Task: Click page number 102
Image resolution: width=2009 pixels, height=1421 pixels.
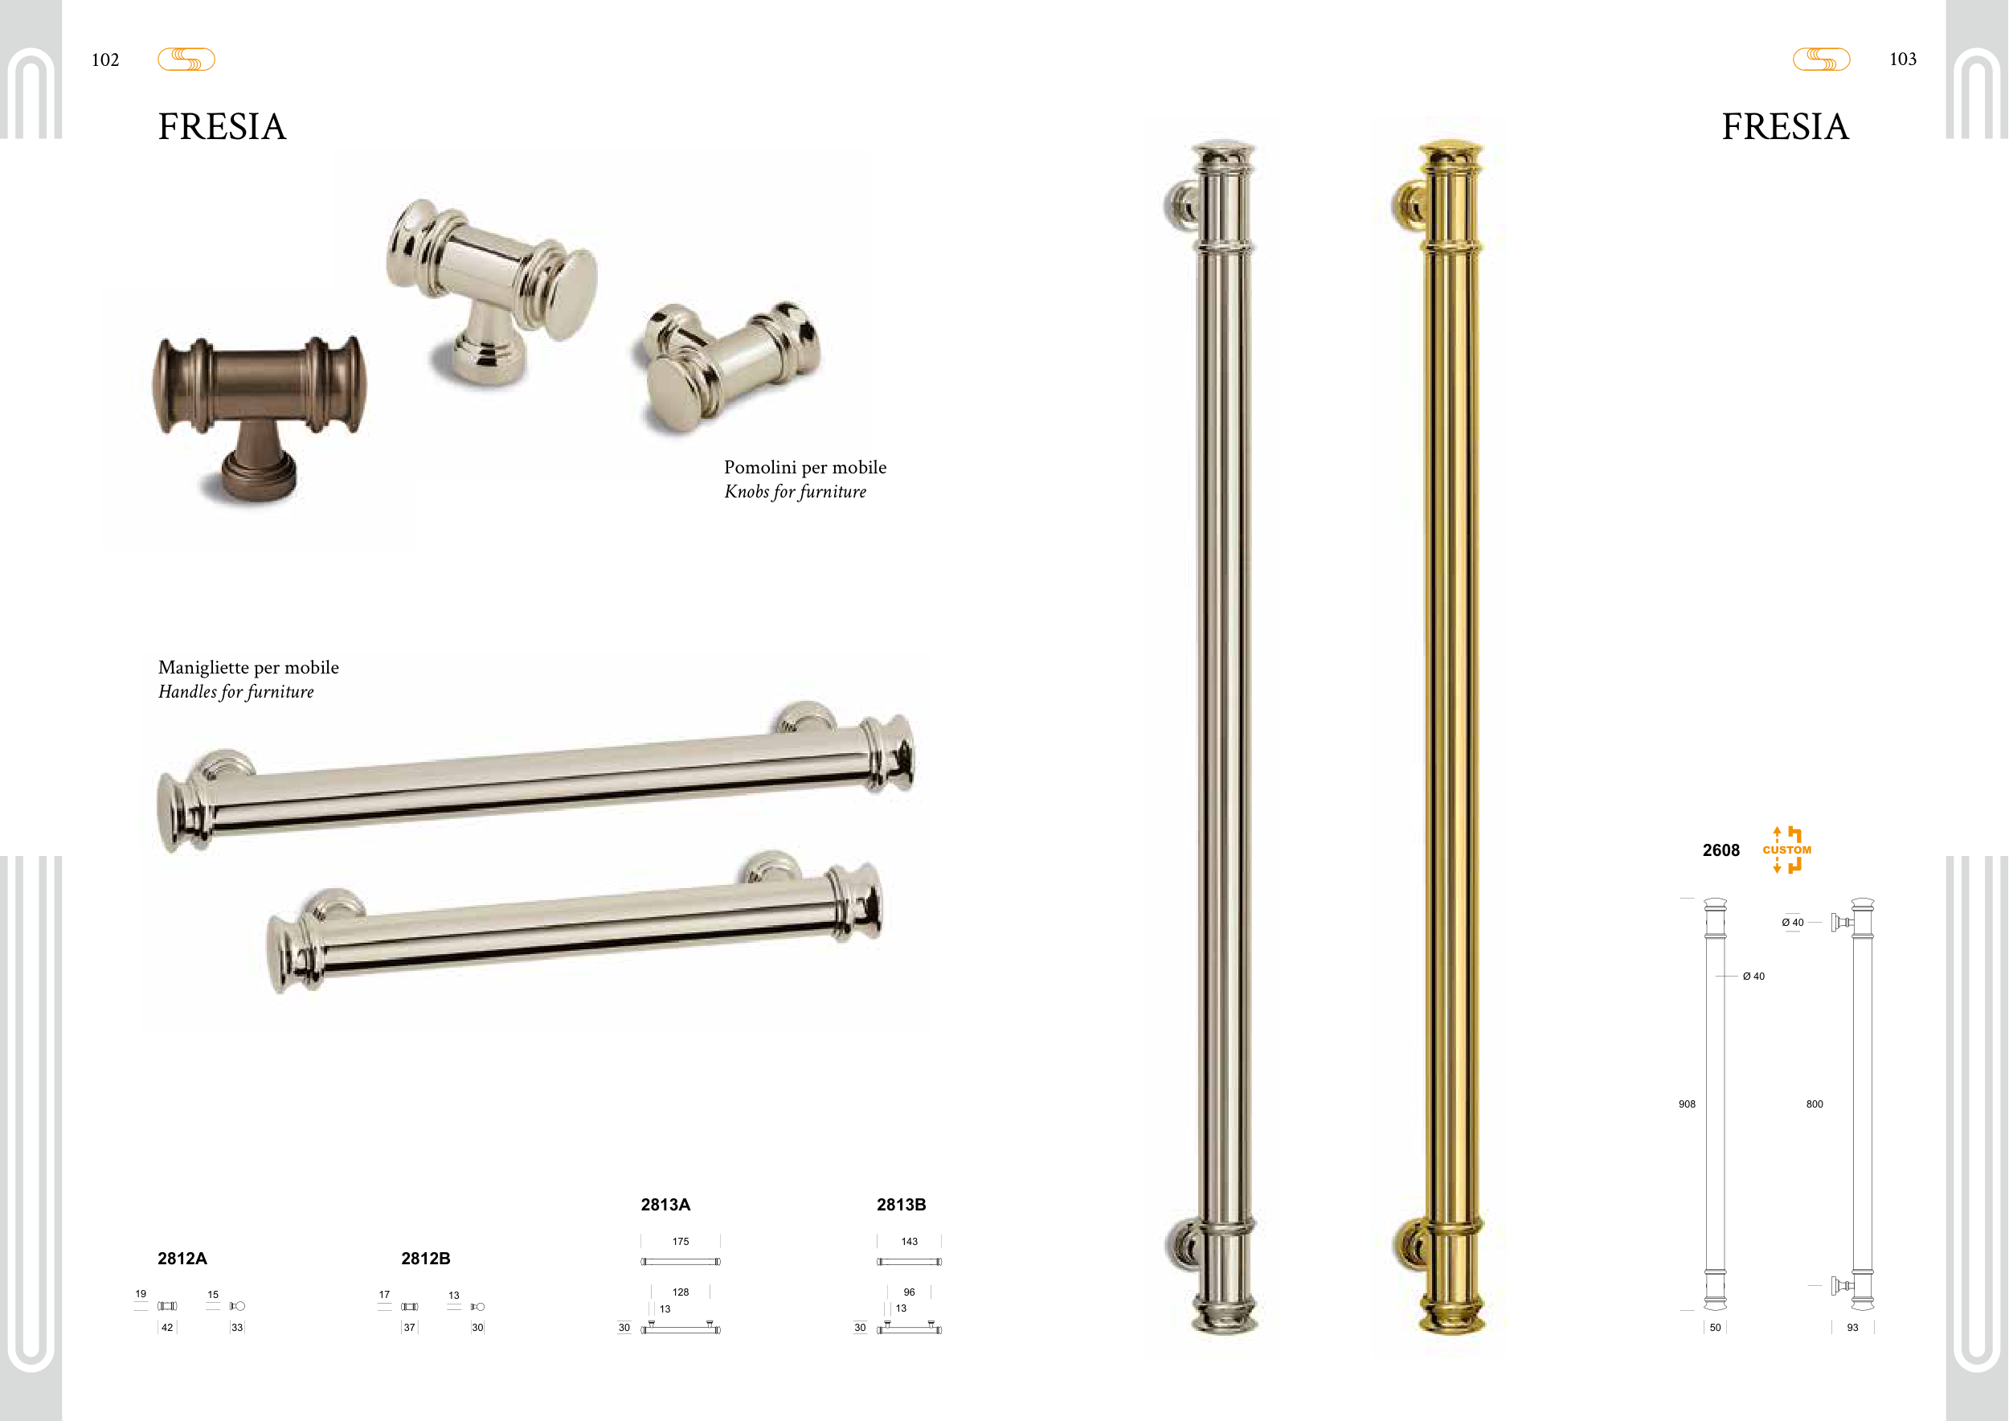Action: point(105,59)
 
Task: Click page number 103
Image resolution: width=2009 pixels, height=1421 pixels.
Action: point(1902,59)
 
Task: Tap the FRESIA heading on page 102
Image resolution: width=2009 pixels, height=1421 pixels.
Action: point(223,127)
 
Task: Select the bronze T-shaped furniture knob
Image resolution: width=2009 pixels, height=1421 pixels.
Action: point(260,418)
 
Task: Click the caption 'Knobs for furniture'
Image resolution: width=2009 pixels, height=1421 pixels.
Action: point(795,492)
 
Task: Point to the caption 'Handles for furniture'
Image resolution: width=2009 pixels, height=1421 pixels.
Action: point(235,692)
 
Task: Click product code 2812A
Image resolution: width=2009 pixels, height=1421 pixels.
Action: point(182,1259)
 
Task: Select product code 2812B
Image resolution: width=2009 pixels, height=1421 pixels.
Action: point(425,1259)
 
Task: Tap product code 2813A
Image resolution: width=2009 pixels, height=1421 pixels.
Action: point(665,1205)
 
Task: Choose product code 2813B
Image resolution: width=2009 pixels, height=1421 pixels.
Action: point(902,1205)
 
